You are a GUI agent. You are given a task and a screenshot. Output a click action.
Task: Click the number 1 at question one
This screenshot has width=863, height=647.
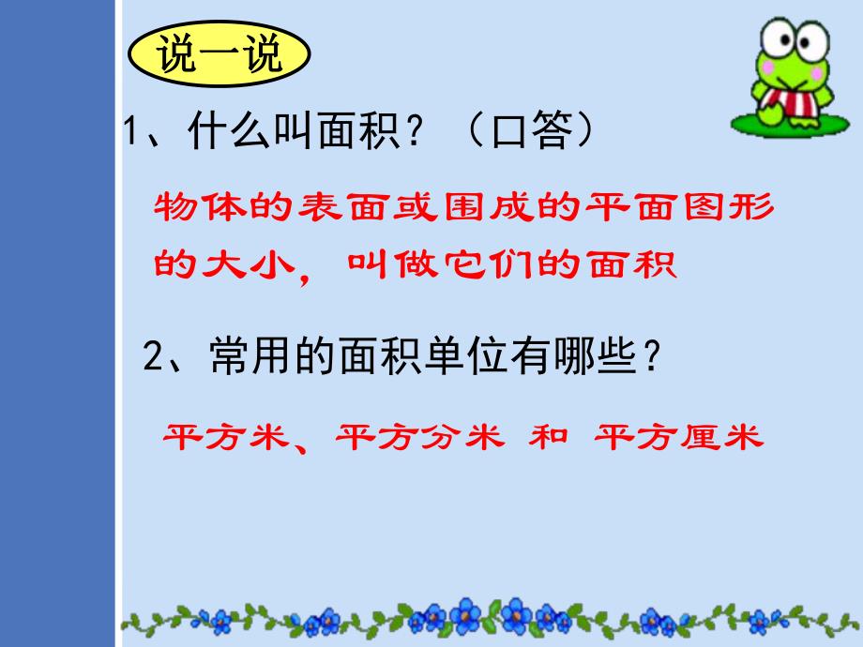[x=132, y=131]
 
